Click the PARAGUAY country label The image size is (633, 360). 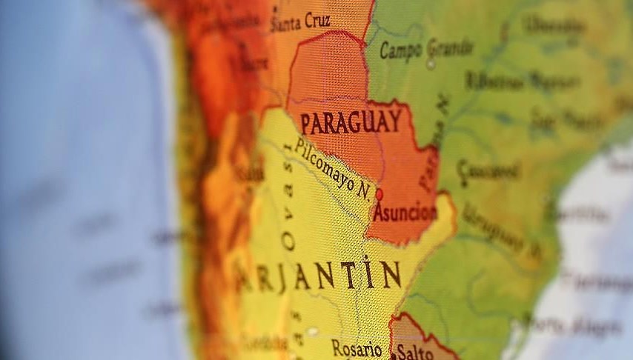point(351,121)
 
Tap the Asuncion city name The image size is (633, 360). point(404,213)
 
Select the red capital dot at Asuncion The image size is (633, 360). point(380,194)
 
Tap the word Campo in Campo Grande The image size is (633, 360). point(400,50)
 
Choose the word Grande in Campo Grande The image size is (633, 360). point(449,48)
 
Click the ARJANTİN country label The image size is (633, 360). point(319,276)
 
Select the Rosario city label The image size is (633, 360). point(357,348)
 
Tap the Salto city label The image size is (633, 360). point(414,351)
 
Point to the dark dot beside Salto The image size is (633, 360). point(393,356)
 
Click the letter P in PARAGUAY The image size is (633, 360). point(306,124)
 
